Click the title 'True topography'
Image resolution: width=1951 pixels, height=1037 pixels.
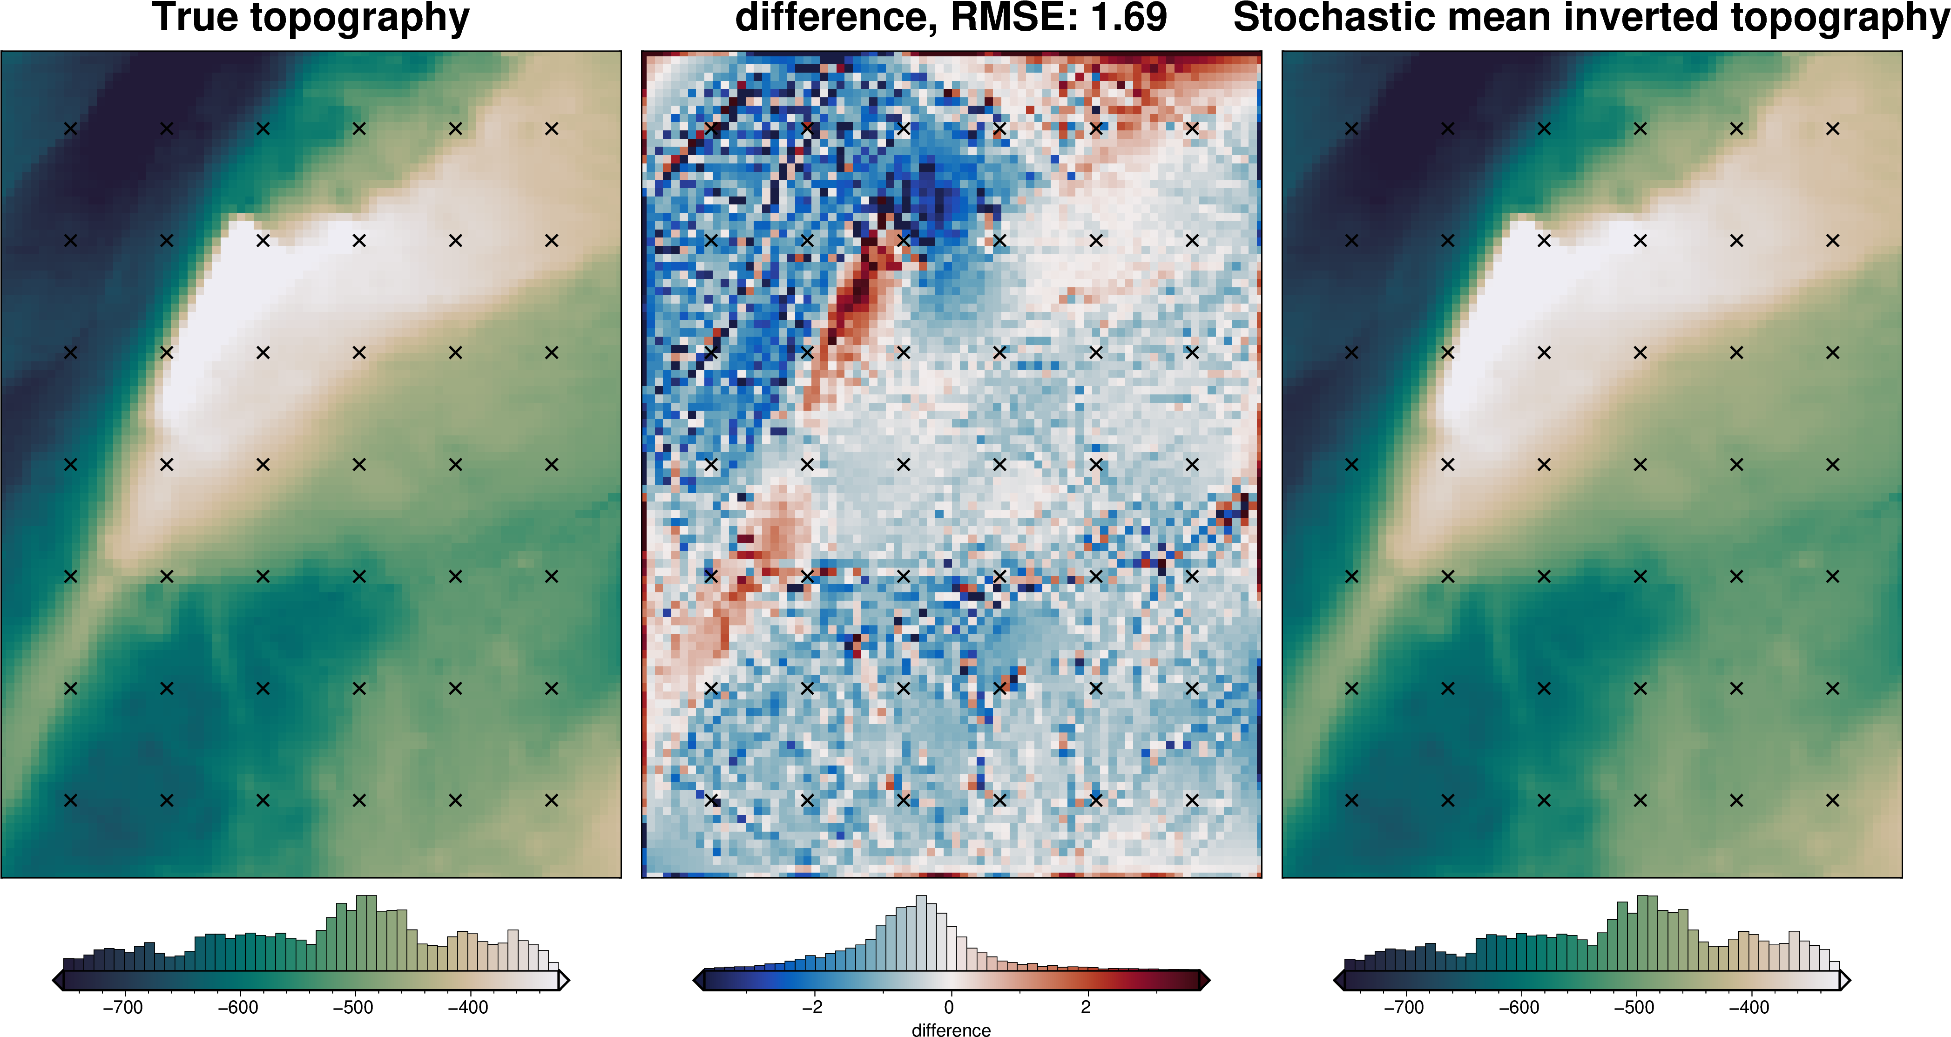coord(311,18)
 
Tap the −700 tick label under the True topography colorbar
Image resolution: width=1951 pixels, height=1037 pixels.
coord(123,1008)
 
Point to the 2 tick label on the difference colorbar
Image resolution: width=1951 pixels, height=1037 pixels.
coord(1085,1008)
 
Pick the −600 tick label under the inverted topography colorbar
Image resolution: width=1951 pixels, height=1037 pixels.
coord(1519,1008)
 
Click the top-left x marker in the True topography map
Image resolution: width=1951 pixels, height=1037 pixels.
coord(70,129)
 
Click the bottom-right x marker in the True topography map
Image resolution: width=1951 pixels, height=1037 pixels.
coord(551,800)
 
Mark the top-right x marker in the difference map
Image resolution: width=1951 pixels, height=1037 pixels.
coord(1192,129)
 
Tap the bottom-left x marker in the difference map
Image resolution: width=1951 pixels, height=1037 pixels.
coord(711,800)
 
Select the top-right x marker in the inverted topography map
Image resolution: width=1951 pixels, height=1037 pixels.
coord(1833,129)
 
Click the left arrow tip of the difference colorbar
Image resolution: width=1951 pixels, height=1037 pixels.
coord(697,981)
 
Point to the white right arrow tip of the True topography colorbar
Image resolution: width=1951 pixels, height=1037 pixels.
coord(564,981)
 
